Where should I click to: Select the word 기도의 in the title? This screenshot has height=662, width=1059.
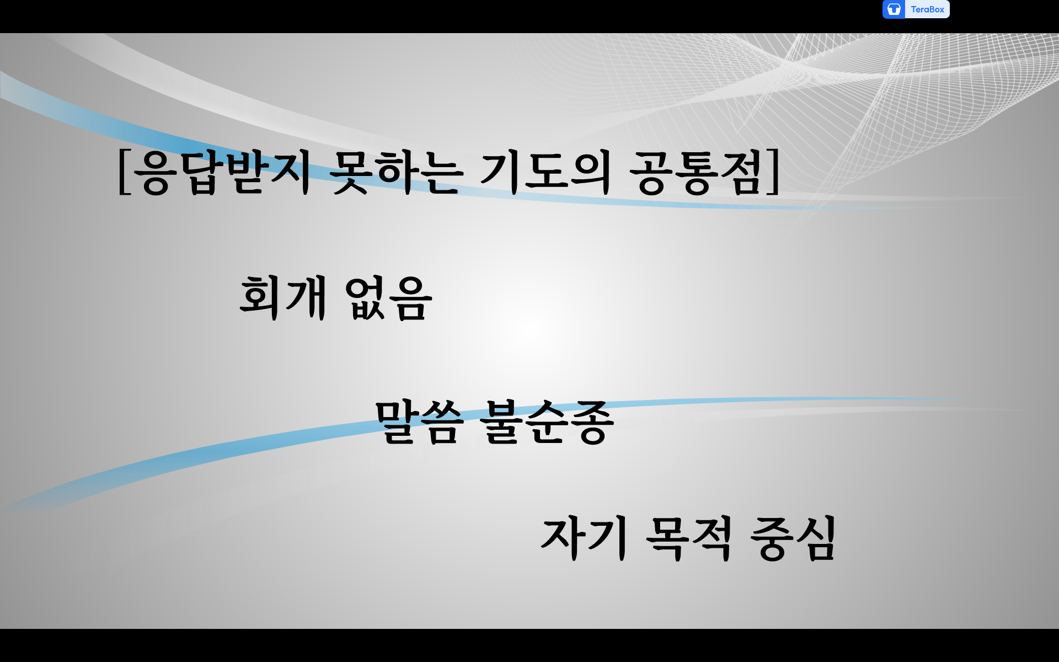pyautogui.click(x=545, y=173)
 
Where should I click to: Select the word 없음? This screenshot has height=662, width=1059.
pyautogui.click(x=388, y=298)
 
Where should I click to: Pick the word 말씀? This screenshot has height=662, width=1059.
pyautogui.click(x=419, y=422)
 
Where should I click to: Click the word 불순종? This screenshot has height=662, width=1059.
pyautogui.click(x=547, y=422)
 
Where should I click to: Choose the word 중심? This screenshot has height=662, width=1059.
pyautogui.click(x=793, y=538)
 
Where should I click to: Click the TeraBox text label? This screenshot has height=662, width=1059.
pyautogui.click(x=927, y=9)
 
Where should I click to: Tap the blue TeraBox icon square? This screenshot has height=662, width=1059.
pyautogui.click(x=894, y=9)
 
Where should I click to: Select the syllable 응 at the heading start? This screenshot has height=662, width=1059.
pyautogui.click(x=155, y=173)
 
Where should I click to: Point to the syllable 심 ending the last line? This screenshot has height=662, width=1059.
pyautogui.click(x=815, y=538)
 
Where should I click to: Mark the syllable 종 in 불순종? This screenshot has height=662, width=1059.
pyautogui.click(x=592, y=422)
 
